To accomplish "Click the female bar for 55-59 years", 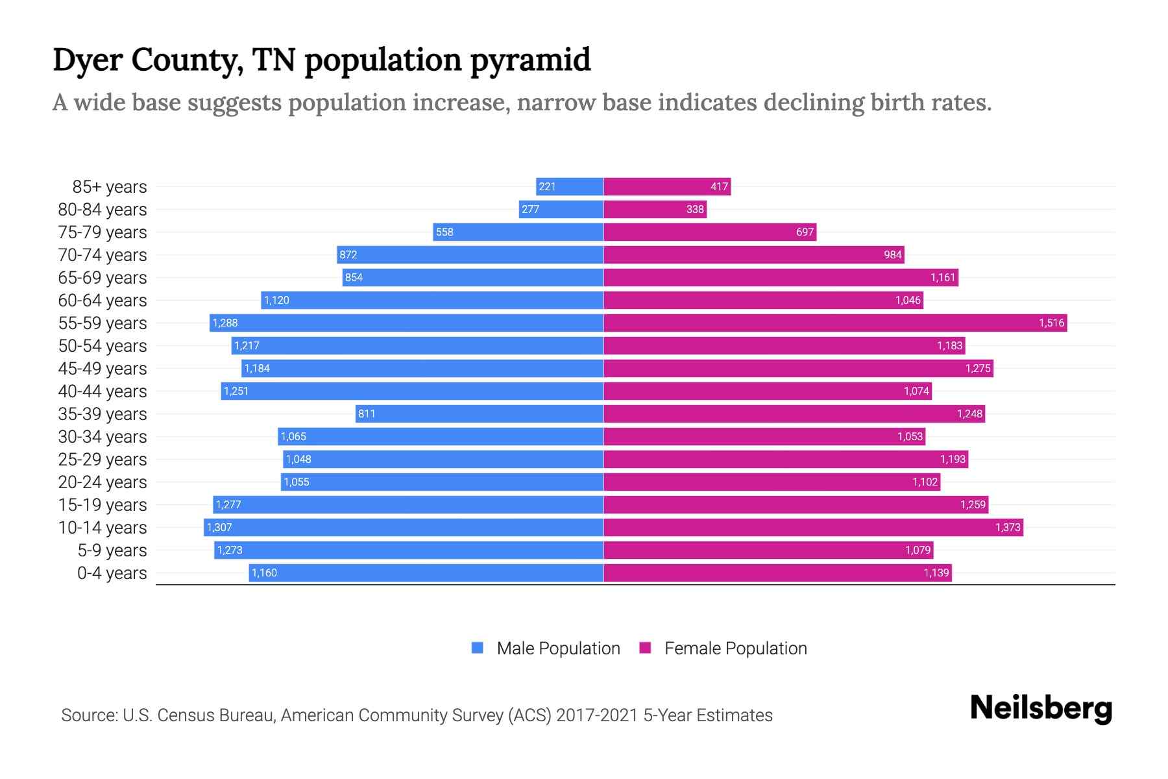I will (835, 323).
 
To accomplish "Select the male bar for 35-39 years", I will (480, 414).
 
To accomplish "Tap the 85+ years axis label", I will (109, 187).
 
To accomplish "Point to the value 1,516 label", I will (1051, 323).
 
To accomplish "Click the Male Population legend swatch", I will (478, 648).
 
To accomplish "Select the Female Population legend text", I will (735, 648).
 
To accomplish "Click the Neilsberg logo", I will (1041, 708).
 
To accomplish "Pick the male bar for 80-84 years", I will (561, 209).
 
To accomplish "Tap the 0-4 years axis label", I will (112, 573).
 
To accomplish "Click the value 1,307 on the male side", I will (219, 527).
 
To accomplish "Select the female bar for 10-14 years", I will (813, 527).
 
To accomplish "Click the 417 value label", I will (719, 186).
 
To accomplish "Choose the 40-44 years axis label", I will (103, 391).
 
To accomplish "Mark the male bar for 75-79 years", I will (518, 232).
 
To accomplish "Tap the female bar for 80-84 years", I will (655, 209).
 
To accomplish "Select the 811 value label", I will (367, 414).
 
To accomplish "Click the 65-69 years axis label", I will (103, 278).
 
